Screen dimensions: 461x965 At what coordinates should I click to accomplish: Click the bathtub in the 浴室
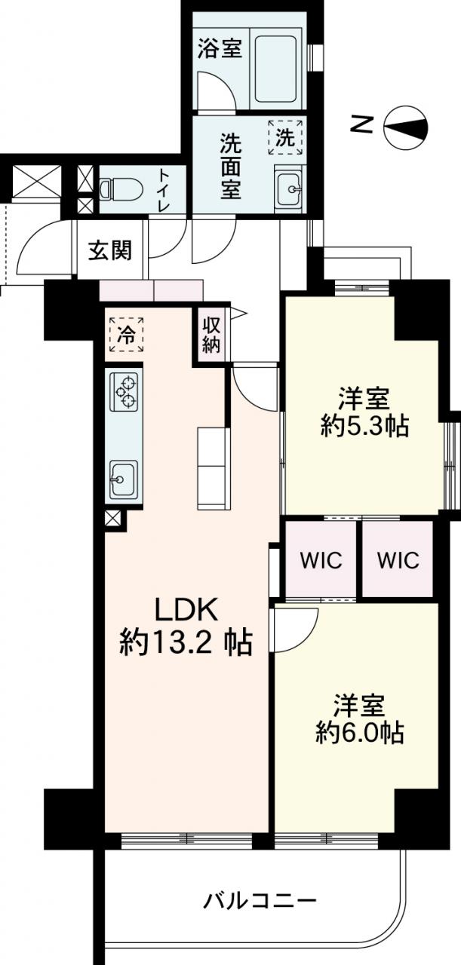[x=275, y=69]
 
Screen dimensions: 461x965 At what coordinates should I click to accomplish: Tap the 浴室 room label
[x=220, y=47]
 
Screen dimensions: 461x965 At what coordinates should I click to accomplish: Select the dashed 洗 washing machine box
[x=285, y=137]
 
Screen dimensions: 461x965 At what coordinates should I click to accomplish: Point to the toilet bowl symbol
[x=121, y=189]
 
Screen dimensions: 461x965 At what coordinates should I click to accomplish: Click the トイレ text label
[x=164, y=190]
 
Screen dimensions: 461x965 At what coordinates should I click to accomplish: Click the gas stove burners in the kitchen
[x=126, y=391]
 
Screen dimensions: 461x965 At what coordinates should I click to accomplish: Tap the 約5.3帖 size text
[x=364, y=427]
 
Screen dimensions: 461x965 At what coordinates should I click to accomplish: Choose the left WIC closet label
[x=321, y=560]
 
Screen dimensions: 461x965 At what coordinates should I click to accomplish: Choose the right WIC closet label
[x=398, y=560]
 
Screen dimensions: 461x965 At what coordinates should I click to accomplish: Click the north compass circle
[x=406, y=127]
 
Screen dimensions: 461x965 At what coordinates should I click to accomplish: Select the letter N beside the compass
[x=362, y=125]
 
